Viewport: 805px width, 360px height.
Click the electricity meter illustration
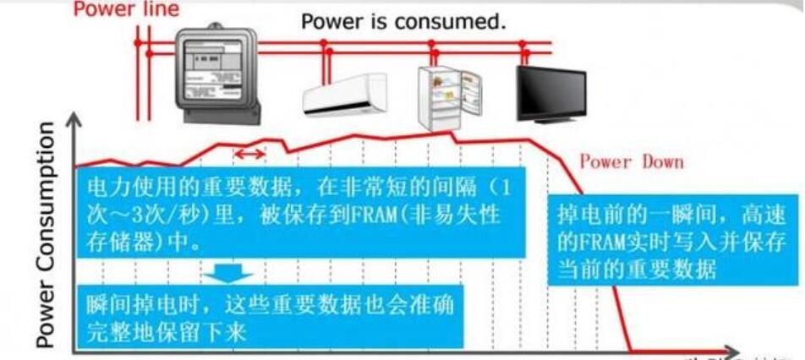click(216, 72)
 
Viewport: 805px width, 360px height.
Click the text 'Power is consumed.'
click(403, 21)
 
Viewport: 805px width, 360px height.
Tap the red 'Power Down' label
click(631, 161)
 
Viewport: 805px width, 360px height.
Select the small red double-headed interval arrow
click(249, 153)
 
